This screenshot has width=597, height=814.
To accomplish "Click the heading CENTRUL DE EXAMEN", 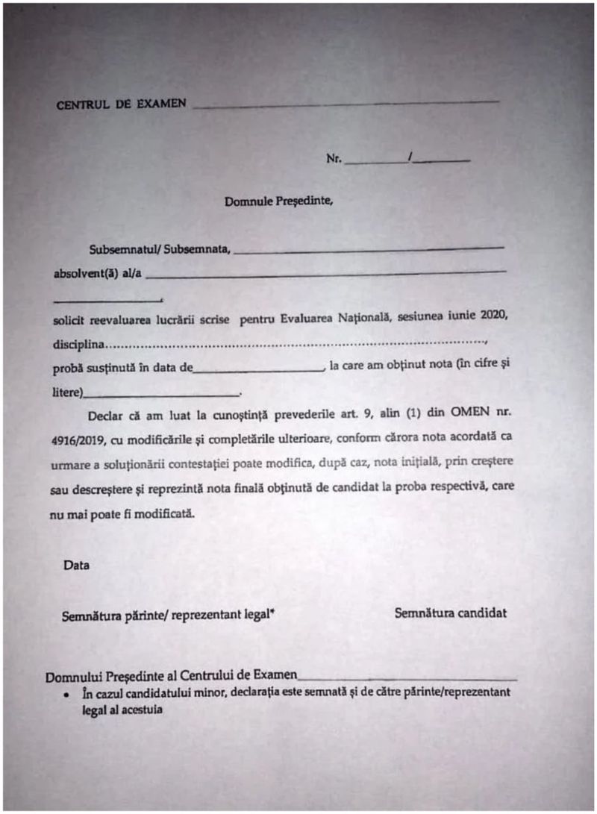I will point(121,104).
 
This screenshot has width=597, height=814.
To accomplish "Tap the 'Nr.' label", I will point(334,159).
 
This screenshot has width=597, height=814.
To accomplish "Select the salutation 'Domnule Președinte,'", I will point(277,201).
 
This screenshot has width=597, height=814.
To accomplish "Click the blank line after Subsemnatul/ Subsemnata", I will point(369,249).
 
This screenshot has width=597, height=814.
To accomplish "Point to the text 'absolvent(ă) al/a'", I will point(97,273).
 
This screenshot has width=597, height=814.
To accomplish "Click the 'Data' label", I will point(76,565).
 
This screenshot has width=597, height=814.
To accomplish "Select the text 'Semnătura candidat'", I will point(451,613).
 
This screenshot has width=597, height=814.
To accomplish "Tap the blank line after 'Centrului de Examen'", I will point(407,678).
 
